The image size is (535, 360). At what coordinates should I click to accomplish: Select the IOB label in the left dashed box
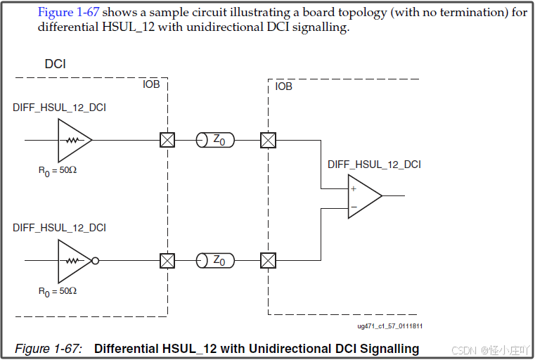click(151, 84)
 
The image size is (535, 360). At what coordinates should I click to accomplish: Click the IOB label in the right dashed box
click(284, 86)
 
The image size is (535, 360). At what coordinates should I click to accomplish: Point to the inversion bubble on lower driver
click(96, 261)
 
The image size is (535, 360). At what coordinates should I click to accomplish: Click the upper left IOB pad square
click(167, 140)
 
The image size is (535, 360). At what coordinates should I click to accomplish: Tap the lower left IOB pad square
click(167, 261)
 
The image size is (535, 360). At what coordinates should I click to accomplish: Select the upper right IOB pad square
click(268, 140)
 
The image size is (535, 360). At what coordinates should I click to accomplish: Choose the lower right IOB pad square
click(268, 261)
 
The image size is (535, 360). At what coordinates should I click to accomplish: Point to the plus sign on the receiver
click(353, 189)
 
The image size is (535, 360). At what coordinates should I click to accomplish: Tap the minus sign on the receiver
click(353, 206)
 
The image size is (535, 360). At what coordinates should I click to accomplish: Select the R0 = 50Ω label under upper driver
click(58, 169)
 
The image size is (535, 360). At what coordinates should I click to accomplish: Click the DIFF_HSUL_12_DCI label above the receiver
click(374, 165)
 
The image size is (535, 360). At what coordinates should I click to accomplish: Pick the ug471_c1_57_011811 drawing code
click(390, 326)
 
